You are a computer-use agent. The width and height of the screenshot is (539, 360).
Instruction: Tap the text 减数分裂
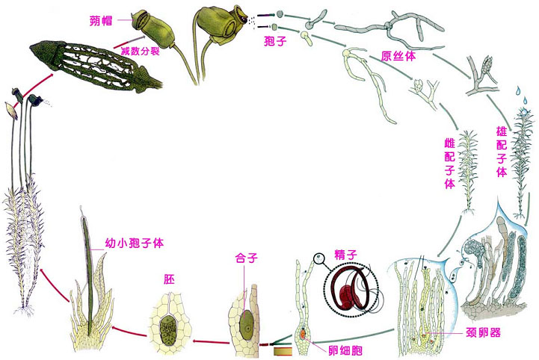[139, 49]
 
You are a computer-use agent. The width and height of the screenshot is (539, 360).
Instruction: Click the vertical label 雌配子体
[450, 161]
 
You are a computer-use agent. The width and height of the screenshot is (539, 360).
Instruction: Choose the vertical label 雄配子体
[502, 150]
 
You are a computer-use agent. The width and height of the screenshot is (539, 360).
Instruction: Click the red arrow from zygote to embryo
[206, 341]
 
